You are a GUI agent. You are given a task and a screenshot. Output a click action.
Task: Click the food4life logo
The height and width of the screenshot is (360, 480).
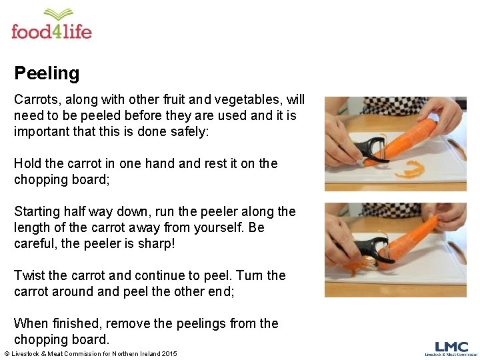click(x=51, y=25)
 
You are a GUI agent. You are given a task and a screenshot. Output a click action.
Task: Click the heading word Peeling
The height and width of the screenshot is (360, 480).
click(x=47, y=73)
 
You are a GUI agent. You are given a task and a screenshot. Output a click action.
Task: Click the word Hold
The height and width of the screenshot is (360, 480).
click(x=27, y=163)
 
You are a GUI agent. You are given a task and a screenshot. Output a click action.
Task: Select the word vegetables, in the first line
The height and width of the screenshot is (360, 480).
click(x=251, y=100)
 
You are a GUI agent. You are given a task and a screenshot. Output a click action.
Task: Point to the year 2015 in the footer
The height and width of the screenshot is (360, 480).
click(x=169, y=353)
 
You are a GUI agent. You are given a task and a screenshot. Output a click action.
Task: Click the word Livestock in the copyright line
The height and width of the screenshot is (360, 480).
click(x=27, y=353)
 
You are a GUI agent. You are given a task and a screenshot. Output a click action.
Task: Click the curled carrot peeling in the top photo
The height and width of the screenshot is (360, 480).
click(x=411, y=170)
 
